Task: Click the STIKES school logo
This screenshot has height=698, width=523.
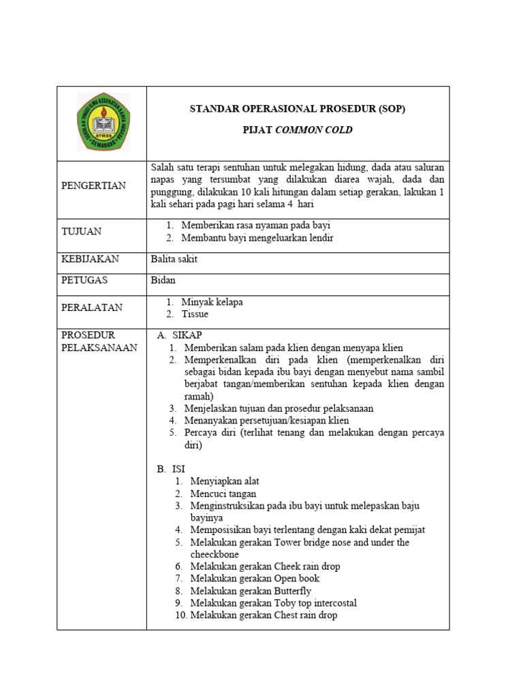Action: (104, 122)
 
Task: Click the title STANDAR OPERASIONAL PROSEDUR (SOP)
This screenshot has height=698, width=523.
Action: (298, 108)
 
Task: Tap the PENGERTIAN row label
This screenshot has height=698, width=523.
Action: (93, 185)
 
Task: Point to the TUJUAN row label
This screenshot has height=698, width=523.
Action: (82, 231)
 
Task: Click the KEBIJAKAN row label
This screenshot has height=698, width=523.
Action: (90, 259)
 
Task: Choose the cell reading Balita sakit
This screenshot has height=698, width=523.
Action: (174, 259)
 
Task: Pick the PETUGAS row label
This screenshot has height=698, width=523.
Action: (84, 279)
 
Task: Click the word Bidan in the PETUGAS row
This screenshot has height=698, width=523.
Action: (163, 280)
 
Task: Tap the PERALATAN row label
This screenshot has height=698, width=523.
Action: (92, 307)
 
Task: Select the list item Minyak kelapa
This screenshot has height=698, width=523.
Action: (212, 301)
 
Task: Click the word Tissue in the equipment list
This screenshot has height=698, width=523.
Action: (195, 314)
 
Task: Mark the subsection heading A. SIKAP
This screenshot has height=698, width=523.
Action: (180, 335)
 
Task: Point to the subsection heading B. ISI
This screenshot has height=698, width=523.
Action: (171, 469)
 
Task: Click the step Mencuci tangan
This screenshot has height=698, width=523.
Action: (223, 494)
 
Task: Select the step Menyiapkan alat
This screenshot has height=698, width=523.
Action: (225, 481)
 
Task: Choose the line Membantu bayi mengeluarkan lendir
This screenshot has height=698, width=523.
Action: (257, 238)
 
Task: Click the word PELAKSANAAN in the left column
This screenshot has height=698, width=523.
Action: (99, 348)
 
